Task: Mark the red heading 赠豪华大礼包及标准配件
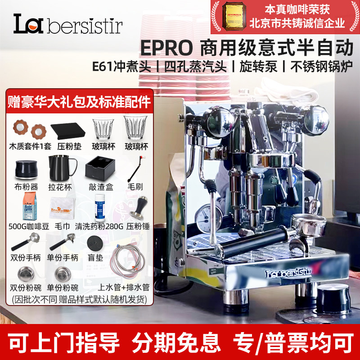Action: pos(79,101)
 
